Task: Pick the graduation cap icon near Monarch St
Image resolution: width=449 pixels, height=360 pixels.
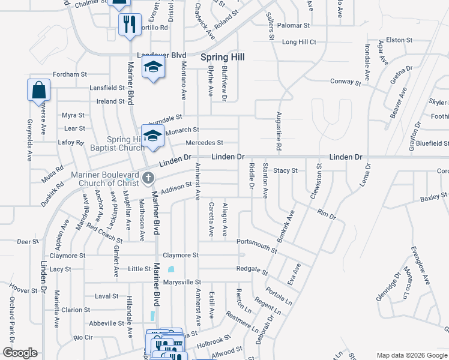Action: point(152,136)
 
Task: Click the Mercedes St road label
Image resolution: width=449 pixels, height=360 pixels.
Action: point(204,143)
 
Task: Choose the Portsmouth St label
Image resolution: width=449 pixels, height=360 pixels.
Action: point(260,242)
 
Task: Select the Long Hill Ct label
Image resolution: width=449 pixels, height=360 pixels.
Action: point(298,42)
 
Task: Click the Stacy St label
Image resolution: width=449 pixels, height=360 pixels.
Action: point(285,171)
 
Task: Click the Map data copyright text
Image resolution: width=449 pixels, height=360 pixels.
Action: point(411,355)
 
